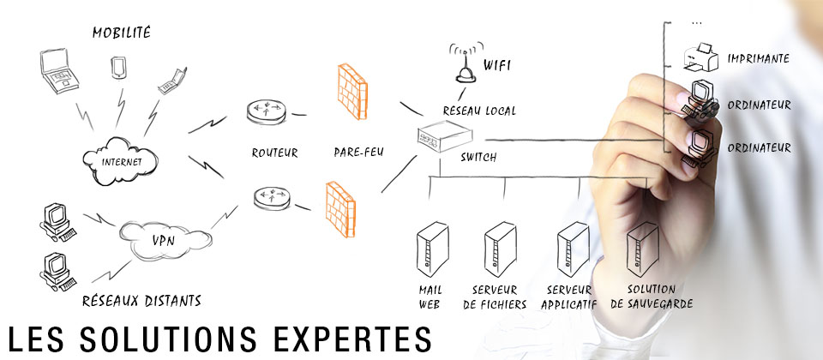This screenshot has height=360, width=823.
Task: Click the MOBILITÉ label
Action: tap(121, 33)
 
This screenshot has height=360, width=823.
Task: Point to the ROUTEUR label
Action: tap(274, 153)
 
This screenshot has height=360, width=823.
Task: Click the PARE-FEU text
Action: tap(358, 153)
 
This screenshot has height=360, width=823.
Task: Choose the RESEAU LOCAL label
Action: tap(478, 111)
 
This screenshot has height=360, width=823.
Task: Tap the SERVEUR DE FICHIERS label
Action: tap(499, 297)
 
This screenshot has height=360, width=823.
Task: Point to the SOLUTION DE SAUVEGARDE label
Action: tap(652, 297)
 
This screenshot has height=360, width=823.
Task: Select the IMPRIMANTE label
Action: tap(758, 58)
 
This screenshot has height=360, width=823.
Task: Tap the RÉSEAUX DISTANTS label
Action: tap(141, 300)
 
